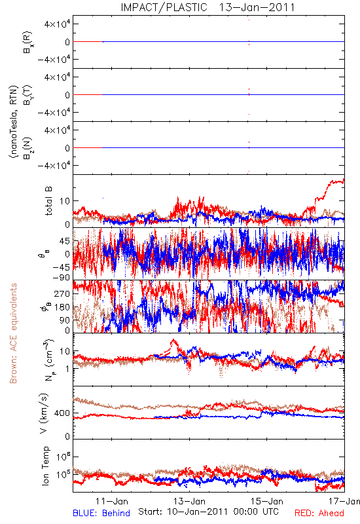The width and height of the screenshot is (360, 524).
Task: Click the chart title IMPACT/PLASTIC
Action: (164, 7)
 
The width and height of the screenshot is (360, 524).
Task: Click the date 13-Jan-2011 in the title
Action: (257, 7)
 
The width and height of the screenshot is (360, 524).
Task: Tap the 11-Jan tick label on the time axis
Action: (112, 501)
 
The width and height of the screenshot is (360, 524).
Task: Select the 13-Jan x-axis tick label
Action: (189, 501)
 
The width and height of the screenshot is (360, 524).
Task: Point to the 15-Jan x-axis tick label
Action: (267, 501)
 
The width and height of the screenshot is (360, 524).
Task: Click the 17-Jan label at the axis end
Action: (344, 501)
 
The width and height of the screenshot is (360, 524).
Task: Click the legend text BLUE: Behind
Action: (101, 514)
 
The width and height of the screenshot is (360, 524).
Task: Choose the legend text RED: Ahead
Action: (319, 514)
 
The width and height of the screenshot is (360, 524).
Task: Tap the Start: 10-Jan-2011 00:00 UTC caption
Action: (208, 512)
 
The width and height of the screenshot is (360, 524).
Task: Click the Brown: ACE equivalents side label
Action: (13, 333)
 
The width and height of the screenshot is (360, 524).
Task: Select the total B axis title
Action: (48, 201)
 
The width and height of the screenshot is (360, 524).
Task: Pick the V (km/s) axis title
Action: (44, 413)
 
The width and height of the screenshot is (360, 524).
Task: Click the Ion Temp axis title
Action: (45, 466)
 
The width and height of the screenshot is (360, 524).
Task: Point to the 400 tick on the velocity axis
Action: (62, 413)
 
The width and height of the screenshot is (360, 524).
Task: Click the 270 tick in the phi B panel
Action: (62, 293)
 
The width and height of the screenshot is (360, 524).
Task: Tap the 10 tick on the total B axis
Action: (65, 201)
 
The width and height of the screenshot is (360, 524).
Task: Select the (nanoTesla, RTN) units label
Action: (14, 122)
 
